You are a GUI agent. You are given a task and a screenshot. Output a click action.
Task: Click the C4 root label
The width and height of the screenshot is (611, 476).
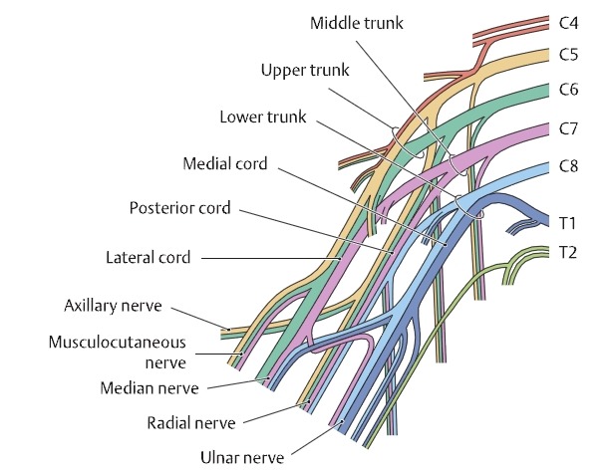coord(568,20)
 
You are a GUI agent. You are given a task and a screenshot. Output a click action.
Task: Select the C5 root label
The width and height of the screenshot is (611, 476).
coord(568,55)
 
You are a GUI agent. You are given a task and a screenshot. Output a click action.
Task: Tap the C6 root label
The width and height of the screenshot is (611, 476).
coord(568,90)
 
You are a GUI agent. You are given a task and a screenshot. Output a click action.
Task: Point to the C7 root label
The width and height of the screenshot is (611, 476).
coord(568,128)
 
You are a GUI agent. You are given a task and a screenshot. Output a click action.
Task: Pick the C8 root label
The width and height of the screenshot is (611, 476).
coord(568,167)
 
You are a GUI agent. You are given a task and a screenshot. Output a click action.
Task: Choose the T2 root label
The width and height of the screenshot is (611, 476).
coord(565,253)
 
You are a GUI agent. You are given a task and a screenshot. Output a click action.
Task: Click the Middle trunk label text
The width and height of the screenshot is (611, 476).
coord(357,22)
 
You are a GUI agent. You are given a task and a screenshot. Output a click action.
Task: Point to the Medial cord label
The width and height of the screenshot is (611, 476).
coord(225,162)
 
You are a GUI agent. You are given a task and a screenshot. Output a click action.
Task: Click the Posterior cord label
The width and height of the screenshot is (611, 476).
coord(180,209)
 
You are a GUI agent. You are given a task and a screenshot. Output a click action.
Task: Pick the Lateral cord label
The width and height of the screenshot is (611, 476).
coord(149,258)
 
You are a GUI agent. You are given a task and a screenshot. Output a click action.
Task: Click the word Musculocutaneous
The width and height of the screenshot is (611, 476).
coord(118,342)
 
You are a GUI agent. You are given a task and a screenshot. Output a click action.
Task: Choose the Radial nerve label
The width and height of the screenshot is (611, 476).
coord(190,423)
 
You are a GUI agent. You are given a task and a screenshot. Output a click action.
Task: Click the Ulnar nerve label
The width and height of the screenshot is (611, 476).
coord(242,458)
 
